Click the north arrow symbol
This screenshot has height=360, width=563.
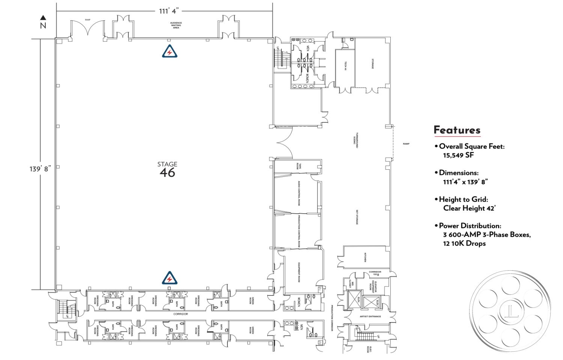(43, 18)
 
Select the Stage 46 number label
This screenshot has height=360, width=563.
(167, 173)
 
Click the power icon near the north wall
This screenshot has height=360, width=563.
(170, 52)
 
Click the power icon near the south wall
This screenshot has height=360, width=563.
(170, 278)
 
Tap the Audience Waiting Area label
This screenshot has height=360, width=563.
(176, 25)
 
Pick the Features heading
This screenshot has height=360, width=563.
(457, 130)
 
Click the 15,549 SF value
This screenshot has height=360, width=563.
(458, 155)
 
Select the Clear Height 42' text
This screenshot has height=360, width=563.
(469, 208)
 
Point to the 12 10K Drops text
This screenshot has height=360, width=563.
(464, 243)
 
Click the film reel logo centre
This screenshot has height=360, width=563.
(510, 311)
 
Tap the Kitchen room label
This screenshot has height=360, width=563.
(365, 258)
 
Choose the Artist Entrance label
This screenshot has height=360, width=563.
(370, 316)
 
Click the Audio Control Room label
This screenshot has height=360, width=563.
(299, 193)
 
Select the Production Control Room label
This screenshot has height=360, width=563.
(299, 231)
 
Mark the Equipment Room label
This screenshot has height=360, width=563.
(299, 272)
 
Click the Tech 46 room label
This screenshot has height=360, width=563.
(345, 66)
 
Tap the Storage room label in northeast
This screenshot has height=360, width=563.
(373, 63)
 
